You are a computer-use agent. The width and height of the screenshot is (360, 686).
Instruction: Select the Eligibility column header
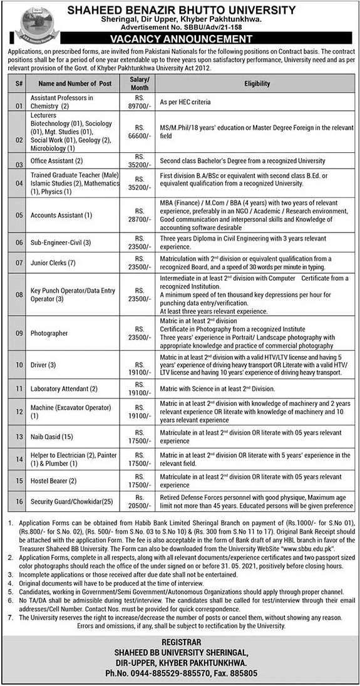coord(257,83)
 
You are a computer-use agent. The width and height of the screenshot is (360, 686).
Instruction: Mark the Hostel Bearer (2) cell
coord(54,481)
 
